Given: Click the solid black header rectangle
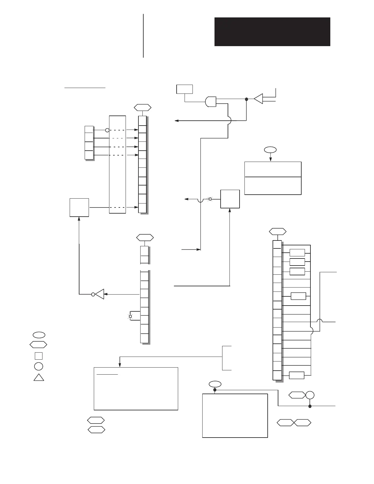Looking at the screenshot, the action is (x=272, y=32).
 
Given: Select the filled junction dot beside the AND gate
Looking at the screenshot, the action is (x=247, y=99).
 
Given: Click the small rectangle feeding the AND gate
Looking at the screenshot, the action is (x=185, y=89).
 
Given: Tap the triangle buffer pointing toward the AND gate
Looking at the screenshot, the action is (x=258, y=99).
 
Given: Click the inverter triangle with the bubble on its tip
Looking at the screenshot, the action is (x=99, y=294).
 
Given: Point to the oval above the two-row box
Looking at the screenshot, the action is (x=270, y=150).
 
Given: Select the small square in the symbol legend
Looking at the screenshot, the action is (x=38, y=356).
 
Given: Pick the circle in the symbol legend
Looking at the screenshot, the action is (x=38, y=366).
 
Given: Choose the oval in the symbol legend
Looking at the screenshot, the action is (x=38, y=334).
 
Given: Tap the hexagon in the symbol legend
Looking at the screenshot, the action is (x=38, y=345).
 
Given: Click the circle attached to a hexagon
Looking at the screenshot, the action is (x=310, y=395).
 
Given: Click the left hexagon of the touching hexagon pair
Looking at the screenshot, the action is (x=285, y=423).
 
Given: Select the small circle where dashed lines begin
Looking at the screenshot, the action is (x=107, y=130).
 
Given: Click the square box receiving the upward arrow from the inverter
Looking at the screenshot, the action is (x=79, y=207).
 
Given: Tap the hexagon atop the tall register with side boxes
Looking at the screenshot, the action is (x=277, y=232).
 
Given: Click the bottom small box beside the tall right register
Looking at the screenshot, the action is (x=296, y=375).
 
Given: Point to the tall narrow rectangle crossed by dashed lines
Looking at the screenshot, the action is (x=117, y=164).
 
